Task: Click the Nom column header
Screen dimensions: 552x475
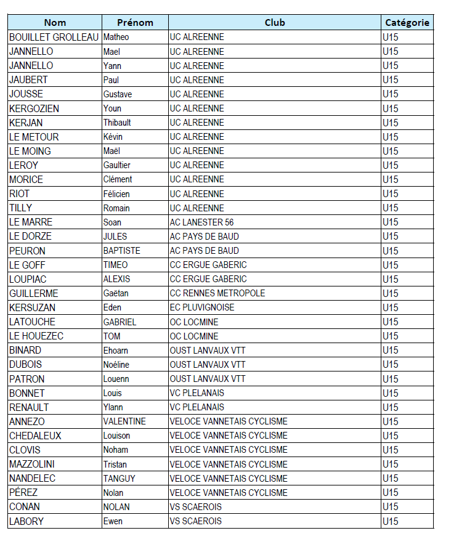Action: click(55, 23)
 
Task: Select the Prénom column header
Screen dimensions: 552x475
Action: click(135, 23)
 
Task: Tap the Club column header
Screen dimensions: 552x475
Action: click(275, 23)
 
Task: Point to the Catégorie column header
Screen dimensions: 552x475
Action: click(407, 23)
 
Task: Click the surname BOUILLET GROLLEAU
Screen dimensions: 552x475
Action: click(54, 37)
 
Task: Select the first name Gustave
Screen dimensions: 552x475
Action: click(118, 94)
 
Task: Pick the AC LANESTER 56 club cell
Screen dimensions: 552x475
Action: click(201, 222)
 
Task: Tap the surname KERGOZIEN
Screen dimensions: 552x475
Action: click(35, 108)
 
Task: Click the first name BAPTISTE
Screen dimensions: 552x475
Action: click(122, 251)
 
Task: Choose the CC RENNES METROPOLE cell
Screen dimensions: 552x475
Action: click(217, 293)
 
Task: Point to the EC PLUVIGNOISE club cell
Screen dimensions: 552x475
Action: click(202, 307)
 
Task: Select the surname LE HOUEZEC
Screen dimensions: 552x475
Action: click(36, 336)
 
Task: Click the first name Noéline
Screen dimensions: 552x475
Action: click(116, 365)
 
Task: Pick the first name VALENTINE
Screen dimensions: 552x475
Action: click(124, 421)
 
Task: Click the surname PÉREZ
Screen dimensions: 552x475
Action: click(23, 493)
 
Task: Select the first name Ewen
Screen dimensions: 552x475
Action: click(113, 521)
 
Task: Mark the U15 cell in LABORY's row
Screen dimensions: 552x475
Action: click(391, 521)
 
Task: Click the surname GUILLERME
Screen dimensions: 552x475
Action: click(34, 293)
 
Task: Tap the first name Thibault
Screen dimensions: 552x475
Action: click(117, 123)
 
